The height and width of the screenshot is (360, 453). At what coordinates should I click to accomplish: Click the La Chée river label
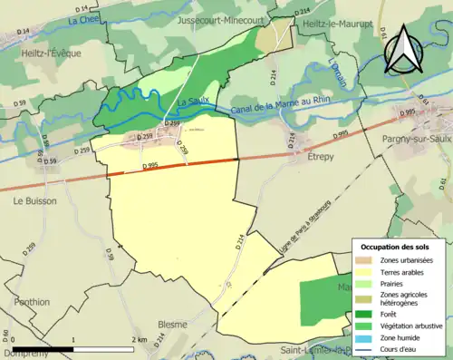[x=82, y=19]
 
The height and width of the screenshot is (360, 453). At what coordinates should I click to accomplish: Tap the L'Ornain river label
[x=338, y=73]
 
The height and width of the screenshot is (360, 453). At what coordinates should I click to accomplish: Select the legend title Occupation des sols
[x=397, y=246]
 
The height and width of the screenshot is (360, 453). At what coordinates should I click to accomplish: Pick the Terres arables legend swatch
[x=364, y=271]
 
